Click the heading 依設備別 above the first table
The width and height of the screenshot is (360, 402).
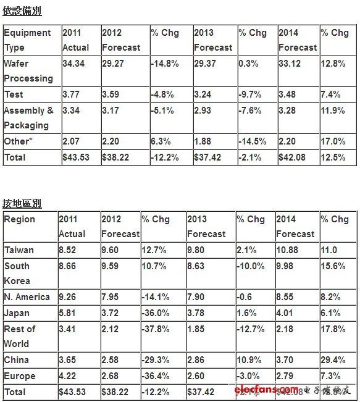(x=22, y=11)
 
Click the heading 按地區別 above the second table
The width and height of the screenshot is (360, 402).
(x=22, y=203)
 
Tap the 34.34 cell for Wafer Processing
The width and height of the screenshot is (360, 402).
(x=73, y=64)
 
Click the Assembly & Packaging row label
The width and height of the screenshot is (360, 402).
(x=28, y=118)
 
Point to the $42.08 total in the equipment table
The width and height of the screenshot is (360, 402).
(x=291, y=157)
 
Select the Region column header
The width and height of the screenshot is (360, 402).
(x=20, y=219)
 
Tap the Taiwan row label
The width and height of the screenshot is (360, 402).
(x=19, y=250)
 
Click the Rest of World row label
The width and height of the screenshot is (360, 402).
(x=20, y=337)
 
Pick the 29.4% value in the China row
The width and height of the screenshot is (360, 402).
(x=333, y=360)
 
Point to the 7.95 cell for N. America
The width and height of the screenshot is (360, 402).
(x=111, y=297)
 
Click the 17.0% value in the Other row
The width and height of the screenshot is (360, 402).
(x=333, y=141)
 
